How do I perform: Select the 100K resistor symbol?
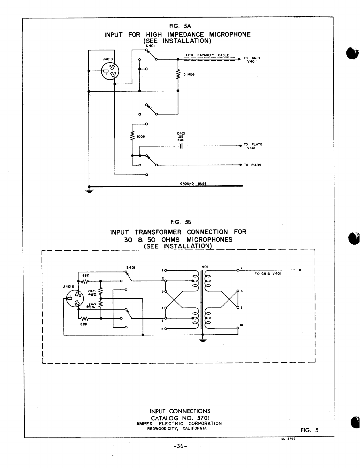click(x=132, y=136)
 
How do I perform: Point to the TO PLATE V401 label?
click(x=253, y=146)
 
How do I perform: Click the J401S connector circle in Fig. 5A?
click(x=110, y=72)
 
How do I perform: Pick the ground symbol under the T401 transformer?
click(x=203, y=340)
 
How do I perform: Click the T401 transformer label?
click(x=203, y=267)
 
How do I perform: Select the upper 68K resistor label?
click(x=85, y=275)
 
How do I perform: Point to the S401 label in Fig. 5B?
click(x=130, y=268)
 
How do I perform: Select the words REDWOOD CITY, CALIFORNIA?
click(x=177, y=428)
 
